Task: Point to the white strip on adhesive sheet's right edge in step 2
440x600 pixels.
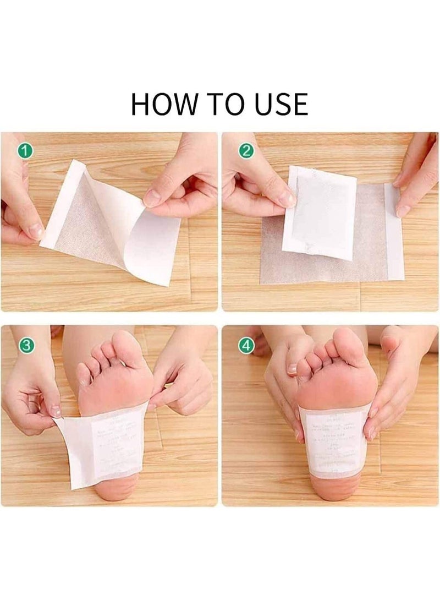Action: pyautogui.click(x=394, y=231)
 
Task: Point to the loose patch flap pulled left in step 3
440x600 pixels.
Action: pyautogui.click(x=82, y=449)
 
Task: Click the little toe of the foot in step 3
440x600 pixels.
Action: pyautogui.click(x=83, y=374)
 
